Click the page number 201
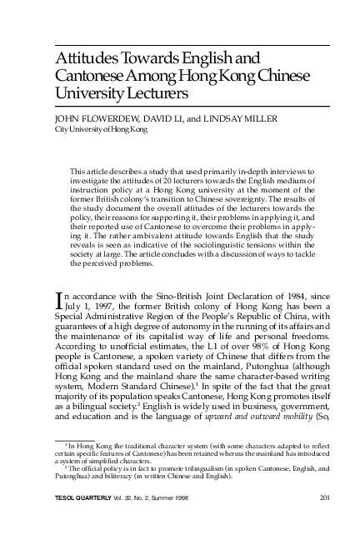tap(326, 499)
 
